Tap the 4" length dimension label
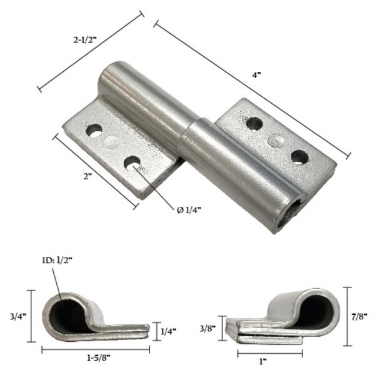(x=256, y=74)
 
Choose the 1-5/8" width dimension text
(x=92, y=361)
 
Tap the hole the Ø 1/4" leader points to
(x=132, y=164)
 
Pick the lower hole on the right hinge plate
(x=299, y=156)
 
